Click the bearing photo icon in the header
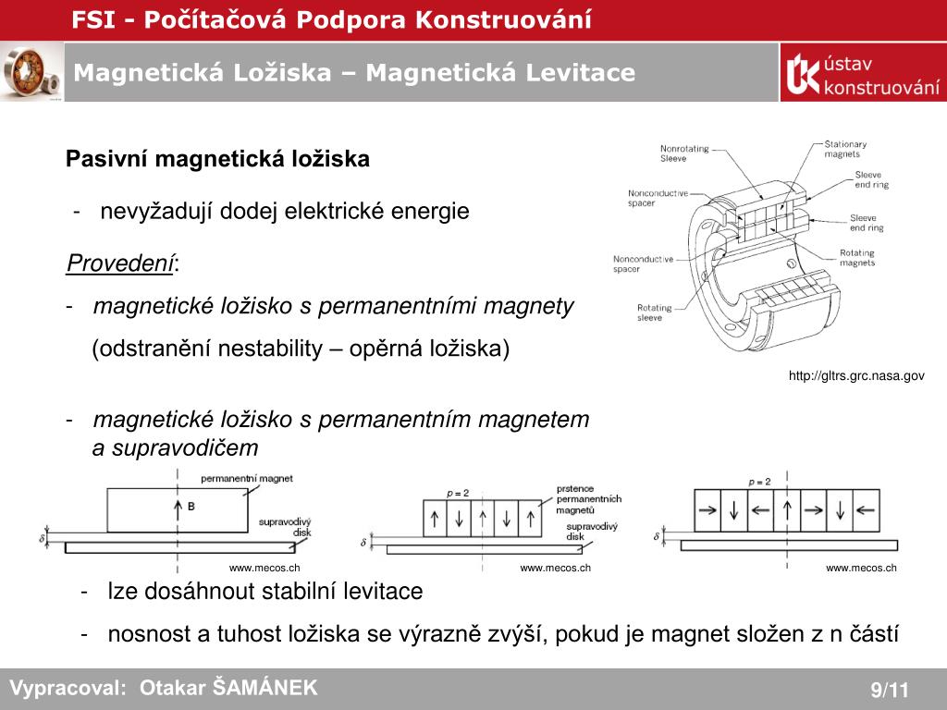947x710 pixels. point(31,72)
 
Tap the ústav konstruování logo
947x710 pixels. point(862,73)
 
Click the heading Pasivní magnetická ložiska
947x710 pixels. point(217,159)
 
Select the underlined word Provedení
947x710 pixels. point(121,263)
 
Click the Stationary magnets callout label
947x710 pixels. point(845,150)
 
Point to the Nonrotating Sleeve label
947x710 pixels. point(685,153)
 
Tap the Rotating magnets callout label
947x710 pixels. point(856,258)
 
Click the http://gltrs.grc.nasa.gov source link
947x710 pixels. point(856,375)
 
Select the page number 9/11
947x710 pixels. point(890,690)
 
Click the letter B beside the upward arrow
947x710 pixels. point(191,507)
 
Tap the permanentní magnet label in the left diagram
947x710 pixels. point(246,479)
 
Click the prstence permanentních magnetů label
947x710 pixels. point(588,498)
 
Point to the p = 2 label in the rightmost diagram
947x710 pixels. point(759,482)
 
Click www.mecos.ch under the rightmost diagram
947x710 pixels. point(861,568)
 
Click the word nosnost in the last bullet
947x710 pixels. point(142,634)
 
